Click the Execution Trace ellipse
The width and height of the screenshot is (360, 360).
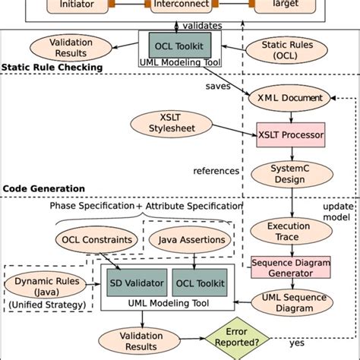[288, 231]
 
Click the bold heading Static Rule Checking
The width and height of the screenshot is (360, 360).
[52, 68]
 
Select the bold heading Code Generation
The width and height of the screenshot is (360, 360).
[44, 188]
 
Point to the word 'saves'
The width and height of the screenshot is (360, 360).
[217, 85]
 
